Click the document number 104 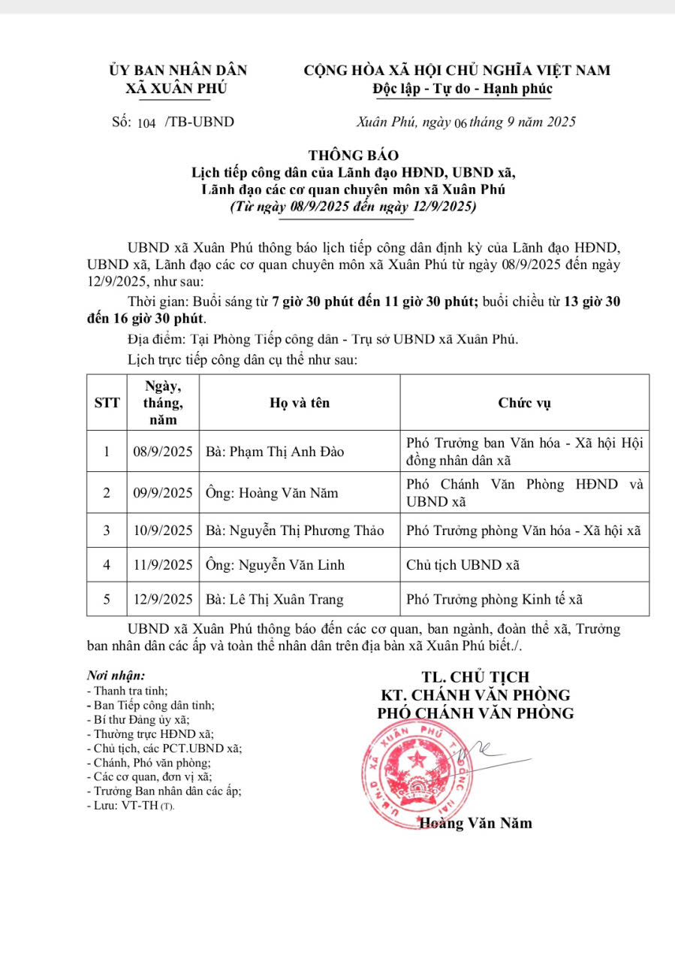[146, 123]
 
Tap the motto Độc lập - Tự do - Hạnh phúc [462, 89]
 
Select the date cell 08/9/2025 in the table [163, 452]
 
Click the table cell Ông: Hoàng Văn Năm [272, 493]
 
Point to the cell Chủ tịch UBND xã [463, 564]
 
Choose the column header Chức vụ [524, 403]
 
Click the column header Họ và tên [300, 403]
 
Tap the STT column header [107, 403]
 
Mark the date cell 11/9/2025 [163, 564]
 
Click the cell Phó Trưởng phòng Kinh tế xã [494, 599]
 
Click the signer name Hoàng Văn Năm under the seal [476, 823]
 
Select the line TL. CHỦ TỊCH [475, 677]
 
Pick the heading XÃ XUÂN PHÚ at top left [176, 89]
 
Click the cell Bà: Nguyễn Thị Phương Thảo [294, 531]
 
